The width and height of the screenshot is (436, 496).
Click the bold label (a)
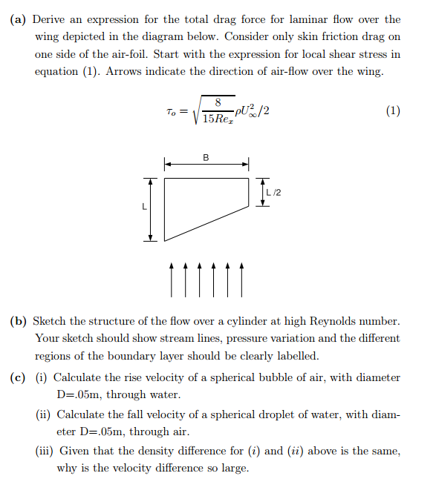(19, 20)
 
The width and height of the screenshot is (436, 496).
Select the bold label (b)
(19, 321)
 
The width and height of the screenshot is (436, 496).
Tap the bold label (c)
(19, 377)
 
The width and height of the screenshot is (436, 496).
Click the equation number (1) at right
(393, 111)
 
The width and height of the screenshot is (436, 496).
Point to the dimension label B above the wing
(206, 157)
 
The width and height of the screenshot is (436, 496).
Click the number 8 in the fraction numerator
(218, 102)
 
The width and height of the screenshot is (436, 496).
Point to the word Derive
(53, 20)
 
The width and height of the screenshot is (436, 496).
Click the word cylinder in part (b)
(258, 321)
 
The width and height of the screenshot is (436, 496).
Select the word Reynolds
(336, 321)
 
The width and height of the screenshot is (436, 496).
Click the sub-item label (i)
(42, 377)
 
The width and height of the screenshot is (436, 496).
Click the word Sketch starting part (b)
(52, 321)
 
